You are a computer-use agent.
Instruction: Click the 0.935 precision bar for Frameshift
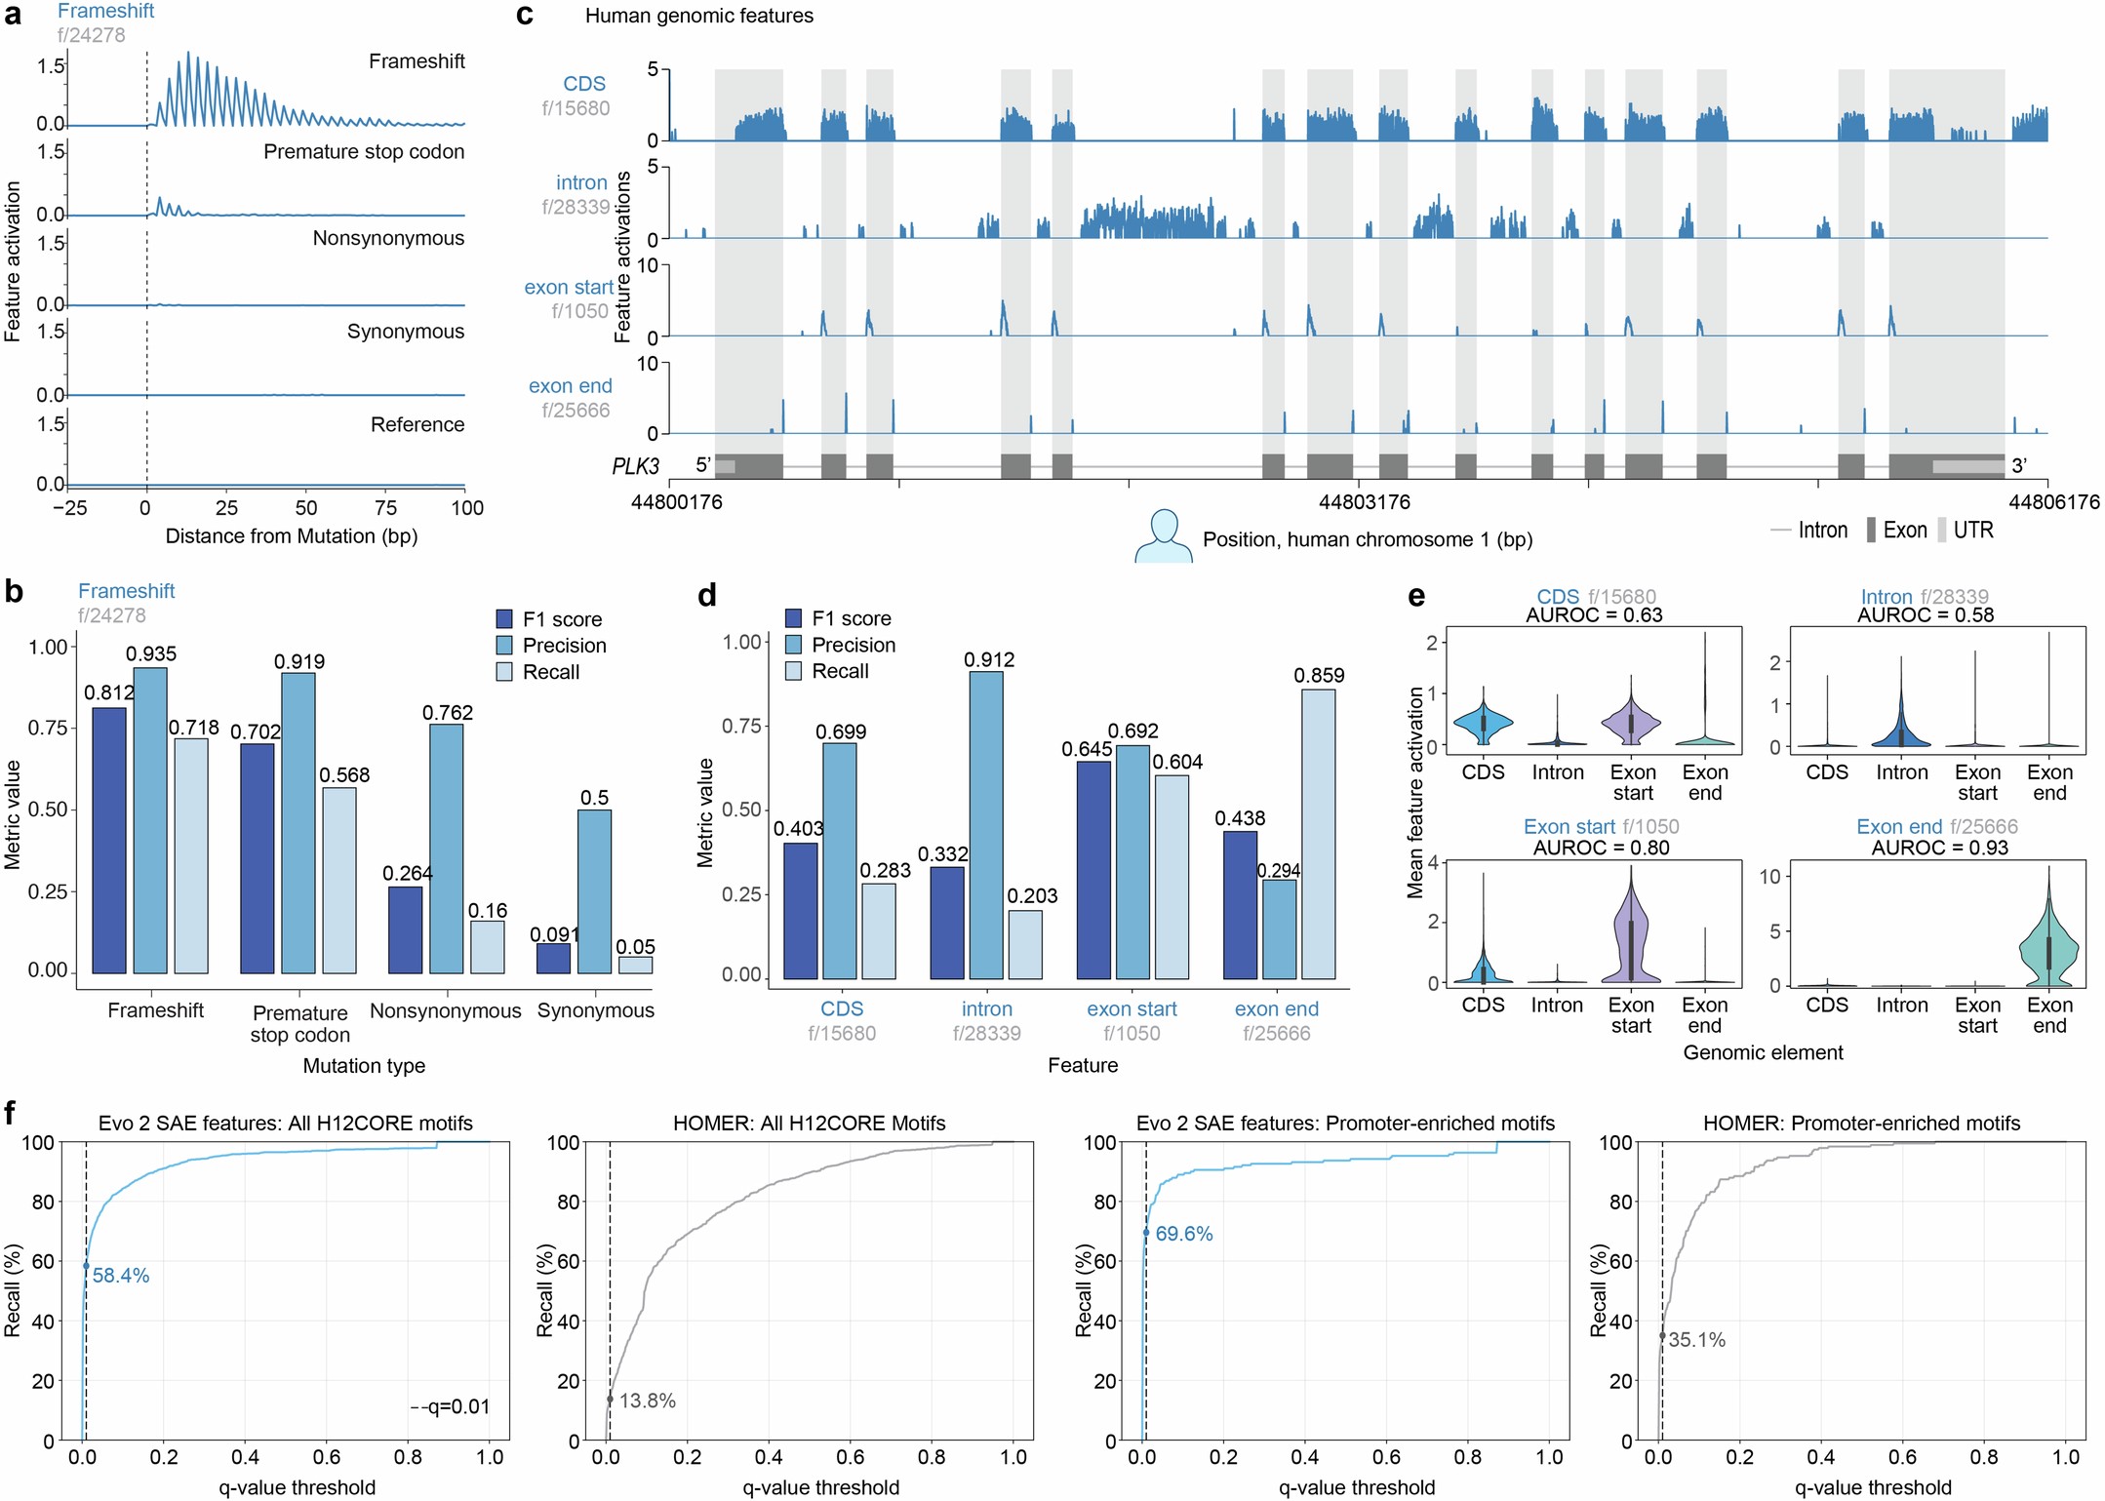(149, 819)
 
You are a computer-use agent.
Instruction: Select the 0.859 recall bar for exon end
(1318, 834)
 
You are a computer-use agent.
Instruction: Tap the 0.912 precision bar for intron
(985, 824)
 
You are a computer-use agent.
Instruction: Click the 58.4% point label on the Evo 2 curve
(121, 1276)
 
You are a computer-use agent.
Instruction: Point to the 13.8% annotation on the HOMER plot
(647, 1401)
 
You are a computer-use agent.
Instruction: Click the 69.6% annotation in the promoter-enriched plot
(1183, 1234)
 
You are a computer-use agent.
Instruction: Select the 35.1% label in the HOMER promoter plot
(1696, 1340)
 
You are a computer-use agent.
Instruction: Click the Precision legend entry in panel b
(564, 646)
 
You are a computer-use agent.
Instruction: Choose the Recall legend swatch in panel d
(793, 671)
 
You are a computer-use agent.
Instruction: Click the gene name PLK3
(636, 466)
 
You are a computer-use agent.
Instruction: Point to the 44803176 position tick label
(1364, 502)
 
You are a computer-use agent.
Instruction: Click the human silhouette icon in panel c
(1163, 536)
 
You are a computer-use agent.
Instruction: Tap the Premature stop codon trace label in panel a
(364, 152)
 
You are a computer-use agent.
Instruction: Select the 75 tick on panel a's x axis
(385, 507)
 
